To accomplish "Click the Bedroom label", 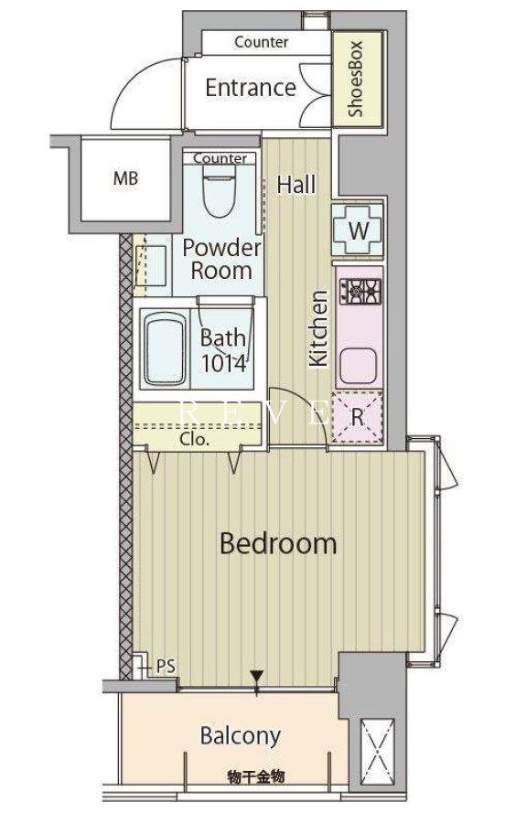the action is (278, 543).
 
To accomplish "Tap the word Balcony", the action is (241, 737).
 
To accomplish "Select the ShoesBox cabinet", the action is (358, 79).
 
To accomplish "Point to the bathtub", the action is (165, 348).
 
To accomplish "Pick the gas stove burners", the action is (360, 291).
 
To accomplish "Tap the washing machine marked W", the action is (359, 230).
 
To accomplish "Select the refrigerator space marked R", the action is (358, 417).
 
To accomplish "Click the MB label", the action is (125, 178).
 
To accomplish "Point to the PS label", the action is (167, 666).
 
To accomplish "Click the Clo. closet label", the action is (195, 439).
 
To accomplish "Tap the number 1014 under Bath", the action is (224, 364).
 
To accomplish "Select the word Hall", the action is (297, 185).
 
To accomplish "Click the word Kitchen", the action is (319, 328).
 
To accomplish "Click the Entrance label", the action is (250, 88).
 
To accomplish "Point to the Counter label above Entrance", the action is (261, 41).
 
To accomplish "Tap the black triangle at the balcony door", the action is (256, 675).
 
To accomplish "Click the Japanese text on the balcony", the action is (256, 776).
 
